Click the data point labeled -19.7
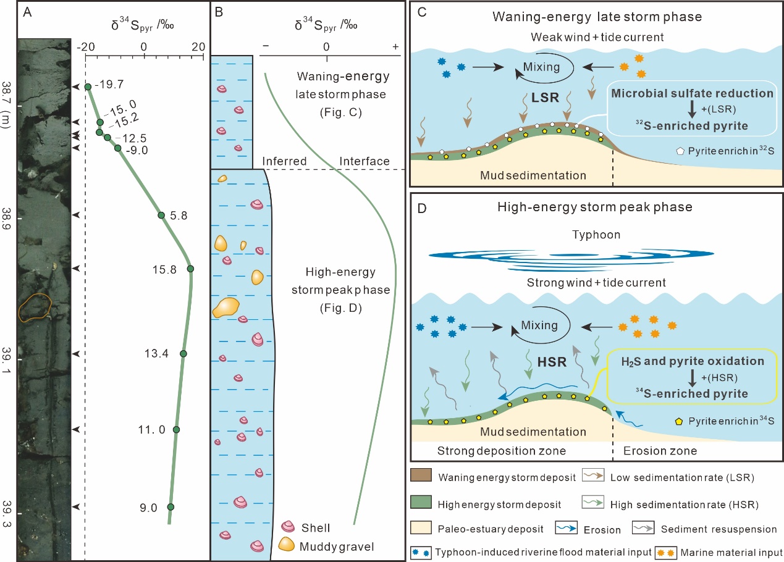[88, 87]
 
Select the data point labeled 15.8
[190, 269]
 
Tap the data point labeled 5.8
[161, 215]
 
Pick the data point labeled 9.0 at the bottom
[171, 507]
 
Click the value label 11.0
[154, 429]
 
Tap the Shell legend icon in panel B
[287, 527]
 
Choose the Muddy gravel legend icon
[287, 545]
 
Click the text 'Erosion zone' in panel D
[659, 451]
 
